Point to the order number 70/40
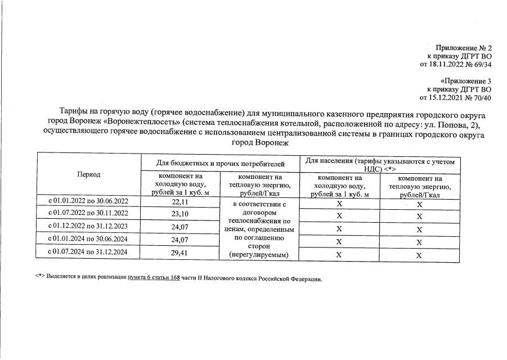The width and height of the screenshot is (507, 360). point(481,98)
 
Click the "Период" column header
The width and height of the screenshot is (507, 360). point(88,174)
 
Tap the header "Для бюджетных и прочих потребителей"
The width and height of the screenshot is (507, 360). point(220,164)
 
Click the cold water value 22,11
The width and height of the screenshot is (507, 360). point(180,201)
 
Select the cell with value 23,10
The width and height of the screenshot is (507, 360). point(180,214)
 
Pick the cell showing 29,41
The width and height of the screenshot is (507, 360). point(180,253)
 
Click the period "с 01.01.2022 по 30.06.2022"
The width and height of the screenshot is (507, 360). point(88,201)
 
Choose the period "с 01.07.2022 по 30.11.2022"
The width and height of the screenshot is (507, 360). point(88,214)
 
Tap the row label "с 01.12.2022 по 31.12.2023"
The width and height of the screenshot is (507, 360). point(88,227)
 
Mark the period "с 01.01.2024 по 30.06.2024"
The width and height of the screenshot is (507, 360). point(88,240)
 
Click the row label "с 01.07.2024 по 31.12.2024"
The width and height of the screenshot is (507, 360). point(88,253)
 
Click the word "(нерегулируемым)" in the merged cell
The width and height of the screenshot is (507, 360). point(256,255)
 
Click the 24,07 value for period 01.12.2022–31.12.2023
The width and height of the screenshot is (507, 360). point(180,227)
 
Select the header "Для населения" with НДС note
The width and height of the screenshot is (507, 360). point(380,164)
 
